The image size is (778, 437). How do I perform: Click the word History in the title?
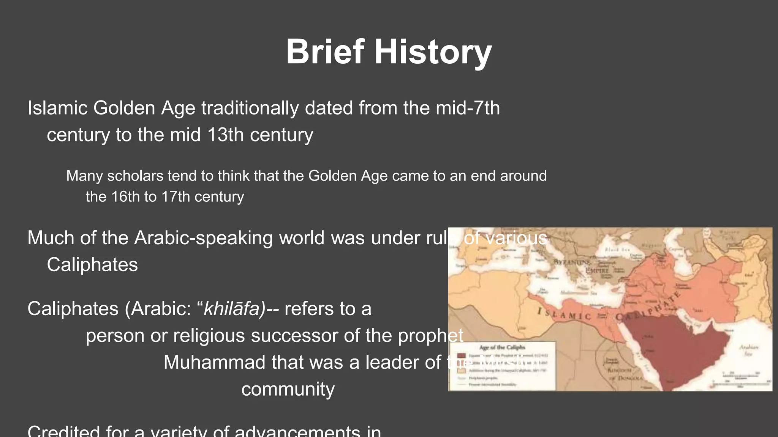coord(433,52)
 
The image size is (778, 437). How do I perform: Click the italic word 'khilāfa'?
coord(233,309)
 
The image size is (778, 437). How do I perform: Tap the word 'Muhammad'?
coord(214,362)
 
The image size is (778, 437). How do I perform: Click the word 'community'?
coord(288,389)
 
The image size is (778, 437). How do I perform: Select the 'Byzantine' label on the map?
coord(571,262)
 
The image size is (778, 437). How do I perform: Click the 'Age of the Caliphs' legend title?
coord(502,347)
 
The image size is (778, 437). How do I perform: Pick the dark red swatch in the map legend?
coord(461,356)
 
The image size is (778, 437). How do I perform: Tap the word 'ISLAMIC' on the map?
coord(564,314)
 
